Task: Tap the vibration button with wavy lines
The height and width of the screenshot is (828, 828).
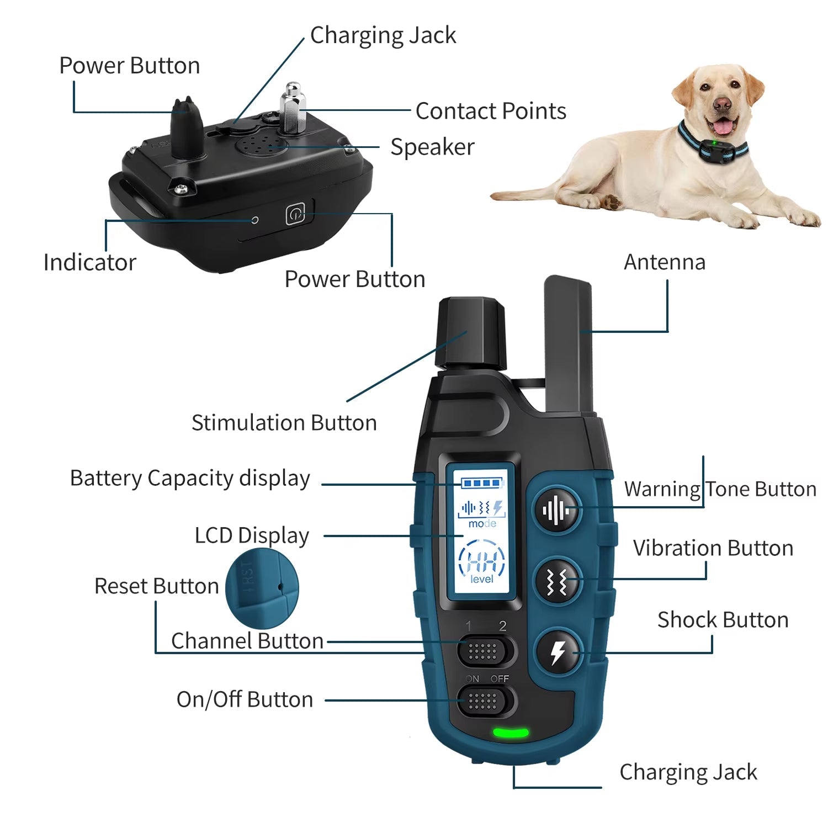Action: [558, 582]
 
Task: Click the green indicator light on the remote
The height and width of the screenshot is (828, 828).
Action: [511, 734]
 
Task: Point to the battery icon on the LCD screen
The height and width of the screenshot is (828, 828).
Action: [482, 484]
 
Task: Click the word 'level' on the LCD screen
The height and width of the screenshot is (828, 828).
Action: [482, 579]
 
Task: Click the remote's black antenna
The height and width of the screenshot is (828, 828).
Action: [569, 345]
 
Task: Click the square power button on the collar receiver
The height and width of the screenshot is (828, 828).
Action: [295, 214]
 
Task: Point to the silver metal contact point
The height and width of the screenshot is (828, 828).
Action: [293, 108]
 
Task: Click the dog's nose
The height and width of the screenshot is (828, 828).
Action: [721, 103]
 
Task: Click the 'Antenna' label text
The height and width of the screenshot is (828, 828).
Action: [665, 262]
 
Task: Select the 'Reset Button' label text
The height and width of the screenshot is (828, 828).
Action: [157, 586]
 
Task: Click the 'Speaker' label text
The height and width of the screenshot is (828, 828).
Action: [432, 147]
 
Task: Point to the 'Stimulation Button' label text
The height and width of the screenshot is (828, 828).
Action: [284, 423]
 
